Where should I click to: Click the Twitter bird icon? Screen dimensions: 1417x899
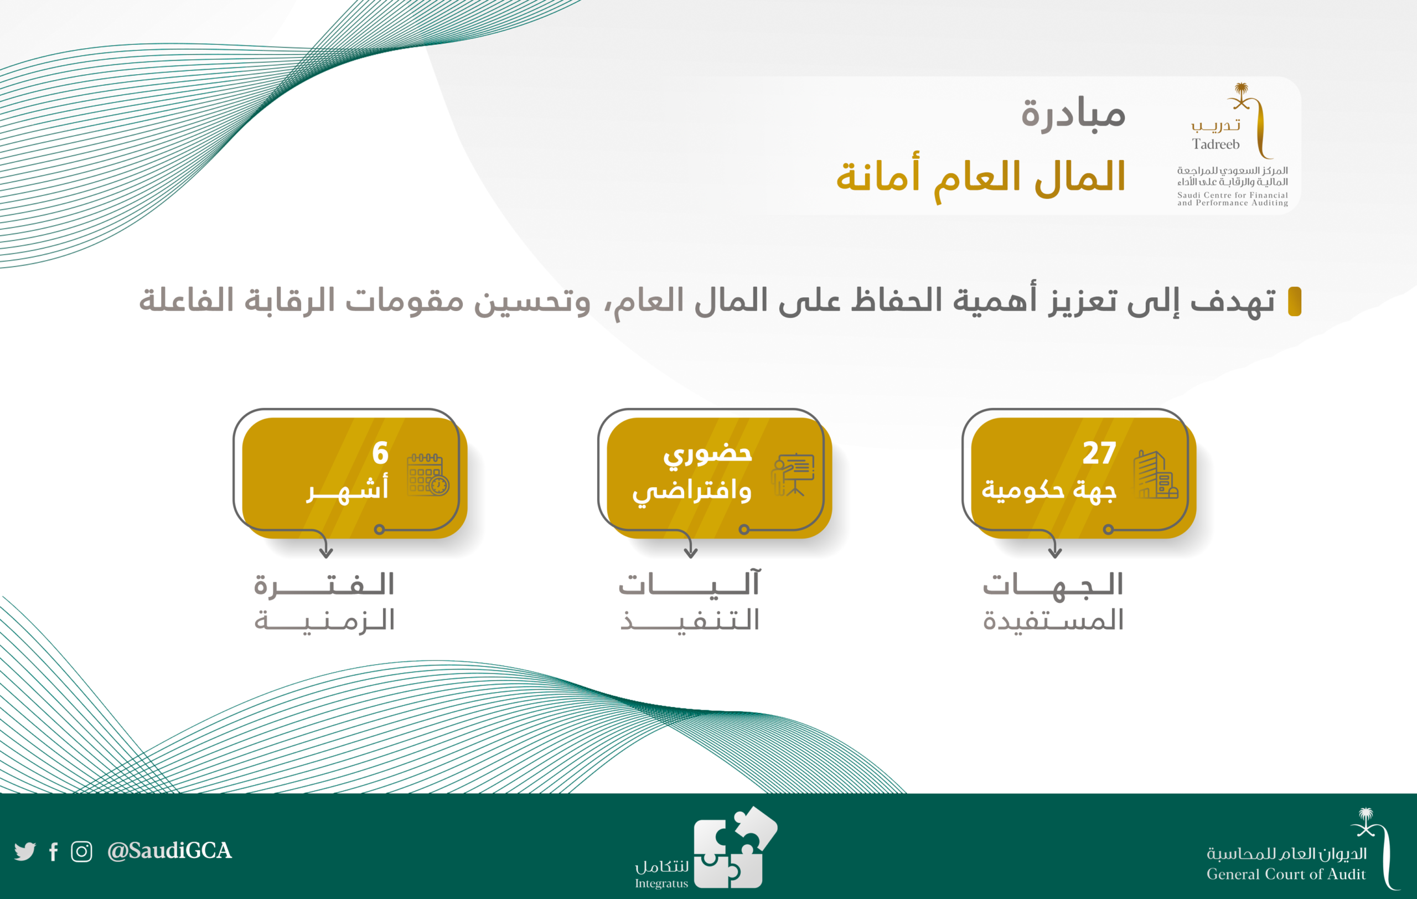click(25, 851)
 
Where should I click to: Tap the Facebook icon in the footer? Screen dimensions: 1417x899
click(54, 851)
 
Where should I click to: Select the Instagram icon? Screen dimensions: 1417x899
click(81, 851)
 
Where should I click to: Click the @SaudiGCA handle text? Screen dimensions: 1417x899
click(169, 851)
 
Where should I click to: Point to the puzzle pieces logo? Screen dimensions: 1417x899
click(736, 847)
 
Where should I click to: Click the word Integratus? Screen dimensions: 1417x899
click(661, 883)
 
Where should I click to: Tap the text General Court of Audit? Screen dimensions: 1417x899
click(1286, 874)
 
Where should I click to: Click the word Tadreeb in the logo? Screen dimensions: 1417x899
click(1216, 144)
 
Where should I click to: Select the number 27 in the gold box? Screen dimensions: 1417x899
click(1099, 453)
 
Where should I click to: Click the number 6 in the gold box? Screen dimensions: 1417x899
click(380, 453)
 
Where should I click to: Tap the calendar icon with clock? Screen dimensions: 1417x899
click(428, 474)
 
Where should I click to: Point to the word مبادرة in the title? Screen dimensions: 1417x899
click(1073, 113)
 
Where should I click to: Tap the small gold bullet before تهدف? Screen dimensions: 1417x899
click(1295, 301)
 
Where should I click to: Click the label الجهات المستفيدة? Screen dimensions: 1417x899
click(1053, 601)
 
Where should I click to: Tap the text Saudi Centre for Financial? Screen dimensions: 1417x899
click(1232, 195)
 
